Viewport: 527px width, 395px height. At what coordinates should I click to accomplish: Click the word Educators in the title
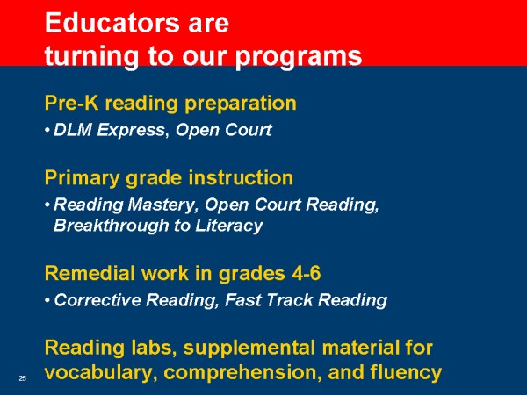pos(112,23)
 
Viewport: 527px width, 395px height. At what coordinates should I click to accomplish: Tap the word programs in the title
pos(299,57)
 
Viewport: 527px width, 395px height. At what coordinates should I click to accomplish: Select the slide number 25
pos(23,378)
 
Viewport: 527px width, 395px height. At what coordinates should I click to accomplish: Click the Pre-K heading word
pos(72,103)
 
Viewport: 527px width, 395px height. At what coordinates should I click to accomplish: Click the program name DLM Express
pos(109,130)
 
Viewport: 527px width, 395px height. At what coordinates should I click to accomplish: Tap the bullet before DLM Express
pos(47,130)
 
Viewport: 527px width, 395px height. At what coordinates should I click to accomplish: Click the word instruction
pos(241,177)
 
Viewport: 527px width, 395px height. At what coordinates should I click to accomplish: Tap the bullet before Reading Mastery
pos(47,205)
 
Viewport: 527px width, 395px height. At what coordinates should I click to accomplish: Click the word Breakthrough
pos(112,226)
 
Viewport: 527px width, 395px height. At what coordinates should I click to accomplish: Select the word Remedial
pos(90,273)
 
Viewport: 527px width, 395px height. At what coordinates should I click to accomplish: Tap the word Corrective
pos(97,300)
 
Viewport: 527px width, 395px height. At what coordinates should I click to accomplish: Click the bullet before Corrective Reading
pos(47,300)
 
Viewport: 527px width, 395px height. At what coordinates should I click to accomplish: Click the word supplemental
pos(250,348)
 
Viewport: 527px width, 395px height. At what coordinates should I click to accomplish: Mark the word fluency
pos(406,373)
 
